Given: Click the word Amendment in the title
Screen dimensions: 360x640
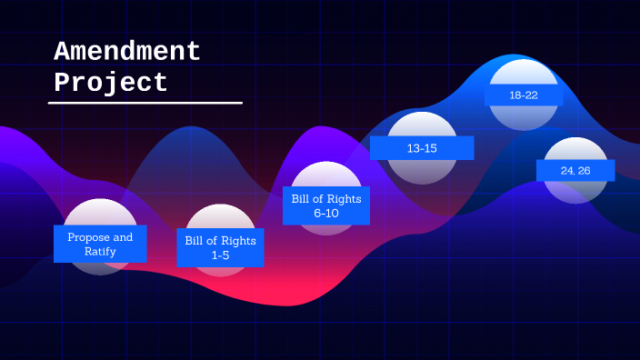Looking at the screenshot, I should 126,51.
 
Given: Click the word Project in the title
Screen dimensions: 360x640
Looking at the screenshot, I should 111,83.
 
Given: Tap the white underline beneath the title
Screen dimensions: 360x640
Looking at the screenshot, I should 145,103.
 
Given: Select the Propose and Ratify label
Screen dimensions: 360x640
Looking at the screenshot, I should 100,244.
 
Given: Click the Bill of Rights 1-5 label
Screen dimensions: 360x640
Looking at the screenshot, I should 220,247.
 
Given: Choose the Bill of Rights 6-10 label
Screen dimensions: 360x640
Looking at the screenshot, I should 326,205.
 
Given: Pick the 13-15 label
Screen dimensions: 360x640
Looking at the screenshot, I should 422,148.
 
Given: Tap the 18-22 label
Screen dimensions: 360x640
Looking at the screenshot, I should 524,95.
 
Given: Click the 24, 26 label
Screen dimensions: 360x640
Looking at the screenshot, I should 575,170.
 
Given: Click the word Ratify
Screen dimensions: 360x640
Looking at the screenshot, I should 100,251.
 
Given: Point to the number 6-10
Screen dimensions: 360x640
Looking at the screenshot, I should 326,213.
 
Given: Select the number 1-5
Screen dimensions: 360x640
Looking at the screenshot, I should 220,255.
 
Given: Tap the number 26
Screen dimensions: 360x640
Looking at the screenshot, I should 585,170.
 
